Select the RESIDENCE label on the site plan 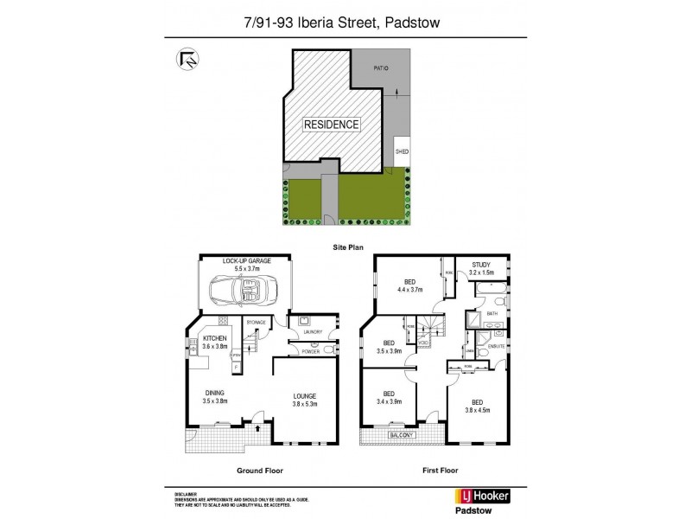[x=332, y=125]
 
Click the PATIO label [x=381, y=67]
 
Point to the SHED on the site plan [x=402, y=151]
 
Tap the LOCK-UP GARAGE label [x=245, y=261]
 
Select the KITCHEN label [x=216, y=337]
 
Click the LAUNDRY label [x=313, y=331]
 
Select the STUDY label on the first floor [x=482, y=266]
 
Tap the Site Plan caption [x=345, y=247]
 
